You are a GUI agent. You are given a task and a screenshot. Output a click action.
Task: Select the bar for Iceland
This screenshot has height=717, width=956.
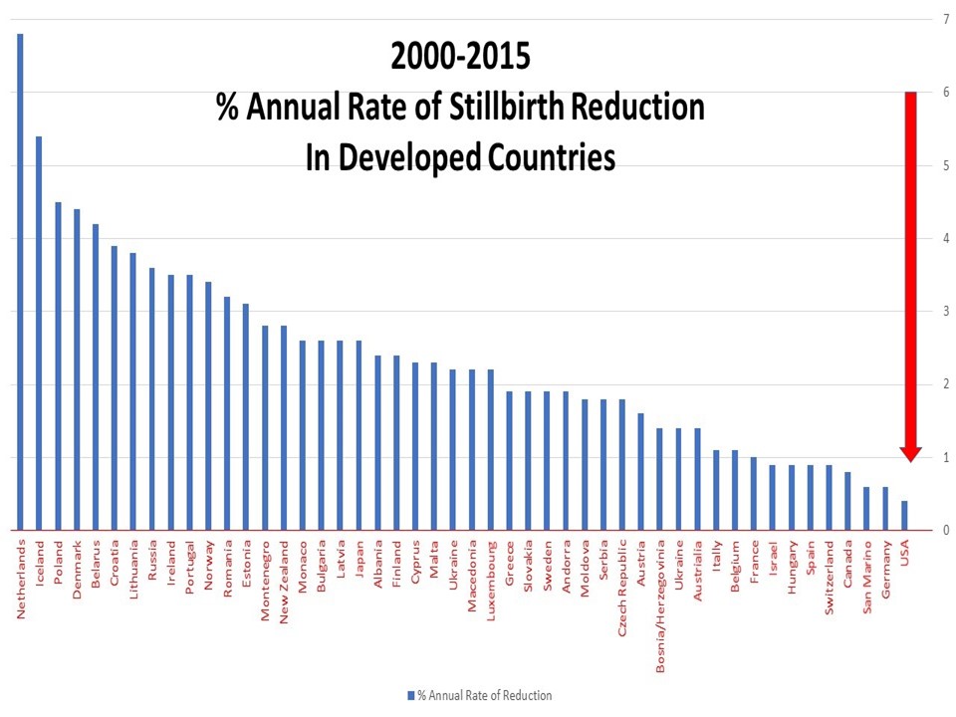(39, 334)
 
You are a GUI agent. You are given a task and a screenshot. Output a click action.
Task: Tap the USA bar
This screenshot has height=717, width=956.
(904, 516)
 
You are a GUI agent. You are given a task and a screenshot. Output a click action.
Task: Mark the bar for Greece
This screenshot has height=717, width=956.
(510, 461)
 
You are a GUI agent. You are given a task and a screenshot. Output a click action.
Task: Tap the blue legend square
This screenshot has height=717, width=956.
(409, 695)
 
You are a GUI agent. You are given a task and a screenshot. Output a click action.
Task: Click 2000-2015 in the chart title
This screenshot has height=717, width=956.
(460, 57)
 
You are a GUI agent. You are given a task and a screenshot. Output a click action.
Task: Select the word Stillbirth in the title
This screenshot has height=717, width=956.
(506, 108)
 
